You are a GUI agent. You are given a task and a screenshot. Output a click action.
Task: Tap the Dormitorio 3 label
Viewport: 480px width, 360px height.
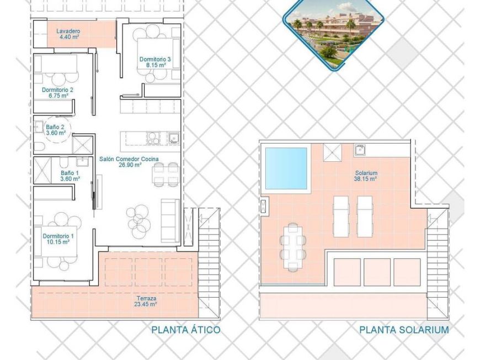coord(151,62)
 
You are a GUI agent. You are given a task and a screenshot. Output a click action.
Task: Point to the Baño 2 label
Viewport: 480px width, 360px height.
coord(55,130)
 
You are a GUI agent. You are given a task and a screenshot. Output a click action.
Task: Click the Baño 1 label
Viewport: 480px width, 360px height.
coord(70,175)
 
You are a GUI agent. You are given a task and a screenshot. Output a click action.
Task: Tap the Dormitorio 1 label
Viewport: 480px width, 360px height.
coord(58,239)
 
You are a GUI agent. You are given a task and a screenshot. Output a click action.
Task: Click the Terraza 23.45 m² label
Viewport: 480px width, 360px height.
coord(146,301)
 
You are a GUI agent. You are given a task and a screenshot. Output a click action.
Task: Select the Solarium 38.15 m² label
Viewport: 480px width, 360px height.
coord(366,176)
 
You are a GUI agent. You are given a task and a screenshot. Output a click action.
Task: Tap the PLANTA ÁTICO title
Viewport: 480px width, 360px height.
coord(186,330)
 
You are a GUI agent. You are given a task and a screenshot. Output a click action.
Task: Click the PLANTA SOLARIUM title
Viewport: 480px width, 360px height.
coord(404,330)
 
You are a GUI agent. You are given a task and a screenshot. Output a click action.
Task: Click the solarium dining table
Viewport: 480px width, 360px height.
coord(292,246)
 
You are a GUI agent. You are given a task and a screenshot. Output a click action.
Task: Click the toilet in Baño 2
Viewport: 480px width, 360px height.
coord(39,146)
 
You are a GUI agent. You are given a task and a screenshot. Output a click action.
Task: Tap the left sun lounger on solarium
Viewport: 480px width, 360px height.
coord(341,216)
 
